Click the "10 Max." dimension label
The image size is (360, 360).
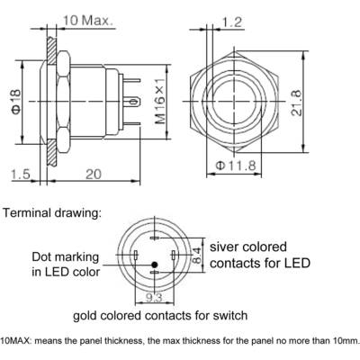88,21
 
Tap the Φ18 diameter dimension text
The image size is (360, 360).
16,102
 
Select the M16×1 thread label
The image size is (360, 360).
160,101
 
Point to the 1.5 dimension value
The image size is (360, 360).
21,174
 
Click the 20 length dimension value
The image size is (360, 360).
94,174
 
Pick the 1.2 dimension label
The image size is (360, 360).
231,22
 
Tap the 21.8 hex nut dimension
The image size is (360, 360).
296,103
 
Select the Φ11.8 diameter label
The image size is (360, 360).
236,166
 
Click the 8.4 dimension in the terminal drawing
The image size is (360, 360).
196,255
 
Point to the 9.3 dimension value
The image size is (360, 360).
154,298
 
